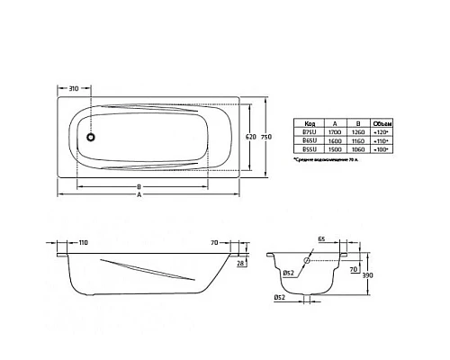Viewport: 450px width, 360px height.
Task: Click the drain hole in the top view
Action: click(x=90, y=137)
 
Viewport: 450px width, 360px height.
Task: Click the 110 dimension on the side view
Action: click(x=82, y=244)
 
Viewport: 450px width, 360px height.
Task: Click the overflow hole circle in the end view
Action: click(x=310, y=260)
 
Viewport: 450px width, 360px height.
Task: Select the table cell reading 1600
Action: click(x=332, y=141)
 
